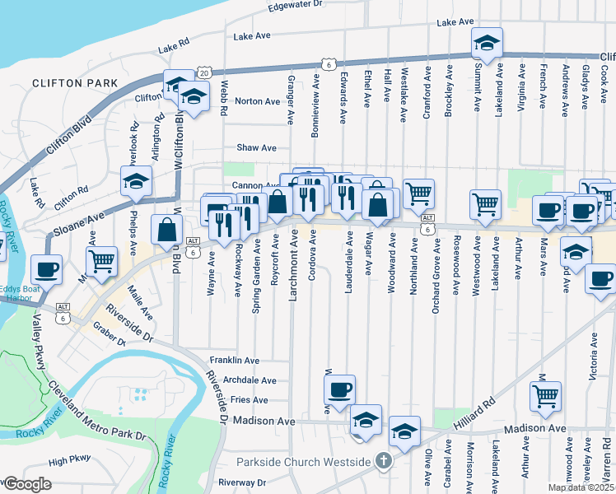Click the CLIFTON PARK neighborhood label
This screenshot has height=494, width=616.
pos(75,83)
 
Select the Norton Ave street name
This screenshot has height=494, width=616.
pos(257,101)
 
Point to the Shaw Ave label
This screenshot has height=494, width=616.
pos(256,147)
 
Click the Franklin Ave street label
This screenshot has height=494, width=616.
pos(234,360)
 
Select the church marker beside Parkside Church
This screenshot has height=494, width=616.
pos(381,461)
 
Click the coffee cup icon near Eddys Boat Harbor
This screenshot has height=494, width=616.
pos(46,268)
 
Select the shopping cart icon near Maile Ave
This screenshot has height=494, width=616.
pos(101,261)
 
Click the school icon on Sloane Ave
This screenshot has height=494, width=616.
pos(137,180)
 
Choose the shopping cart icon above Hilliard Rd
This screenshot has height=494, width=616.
pos(545,396)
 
